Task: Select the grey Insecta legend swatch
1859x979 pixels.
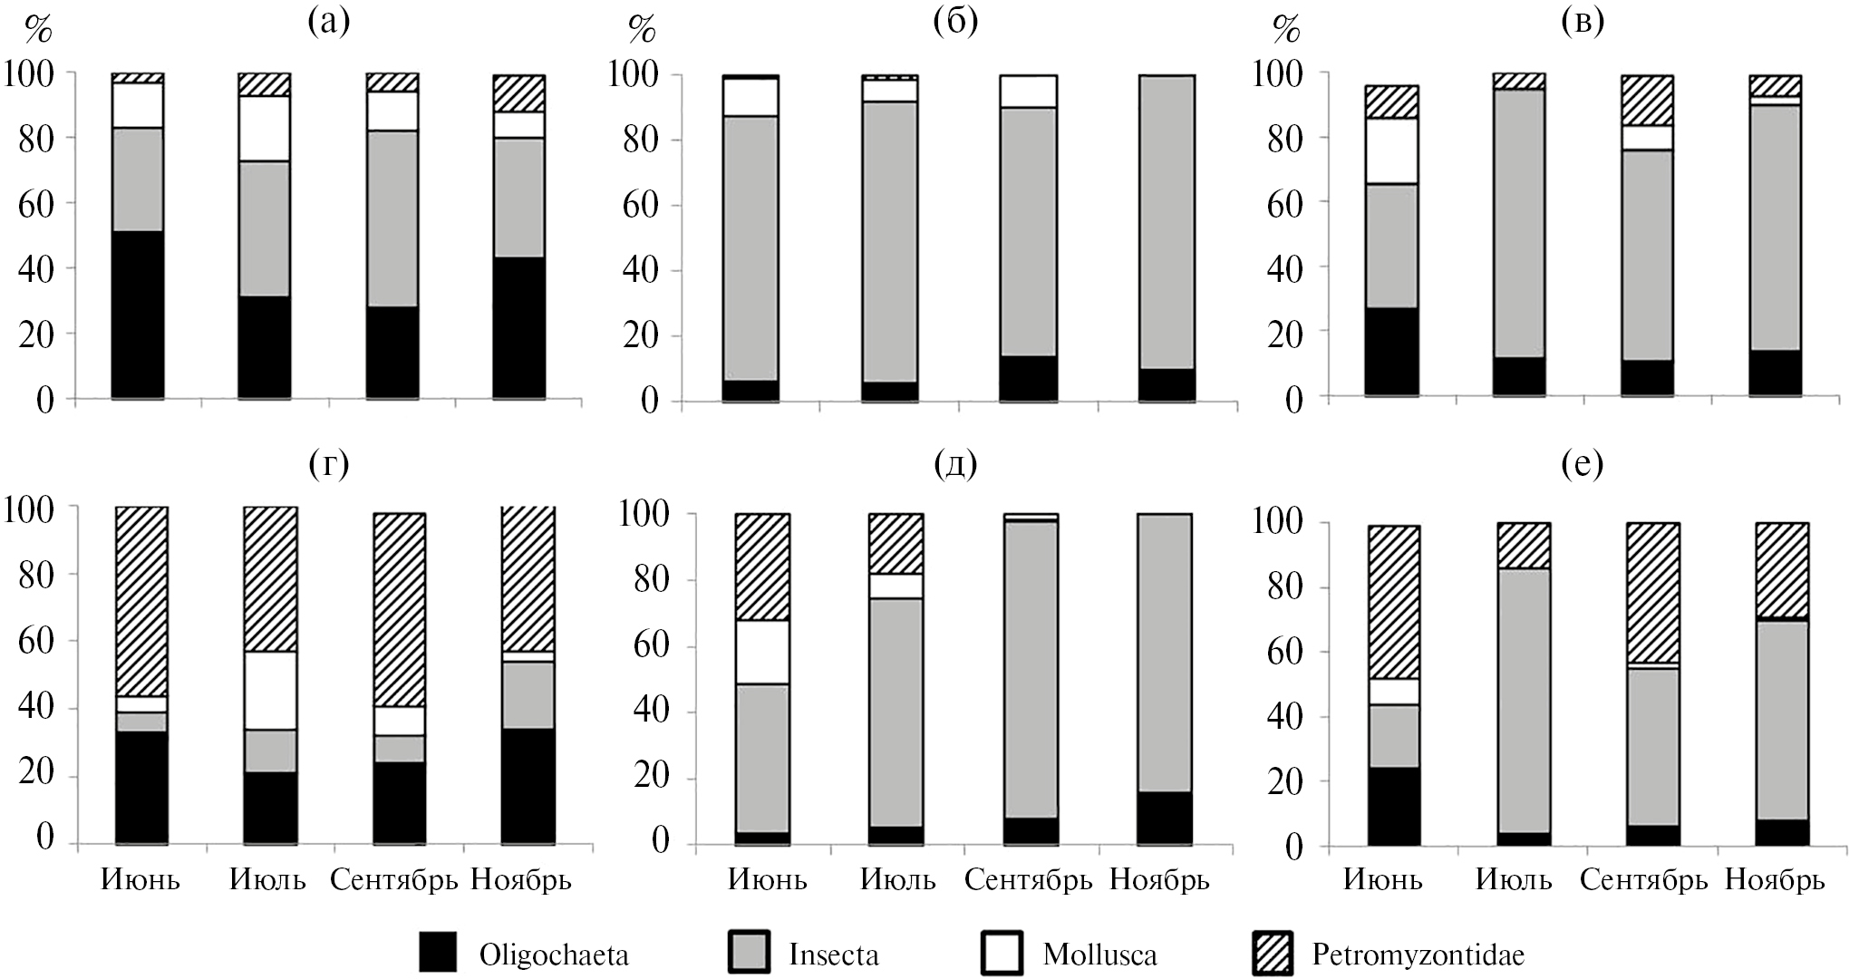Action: (749, 954)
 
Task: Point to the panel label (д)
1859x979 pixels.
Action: (954, 464)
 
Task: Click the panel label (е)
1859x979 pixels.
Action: (1582, 464)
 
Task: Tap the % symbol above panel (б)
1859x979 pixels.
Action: (642, 31)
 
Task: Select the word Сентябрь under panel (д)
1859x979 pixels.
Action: (1028, 879)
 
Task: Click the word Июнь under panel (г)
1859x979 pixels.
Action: (140, 879)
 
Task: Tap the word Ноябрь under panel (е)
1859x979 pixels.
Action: (1774, 879)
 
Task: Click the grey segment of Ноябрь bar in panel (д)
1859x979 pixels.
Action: (1165, 653)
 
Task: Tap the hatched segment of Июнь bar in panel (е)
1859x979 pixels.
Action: (1394, 602)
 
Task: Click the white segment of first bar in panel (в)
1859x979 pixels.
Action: (1392, 150)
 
